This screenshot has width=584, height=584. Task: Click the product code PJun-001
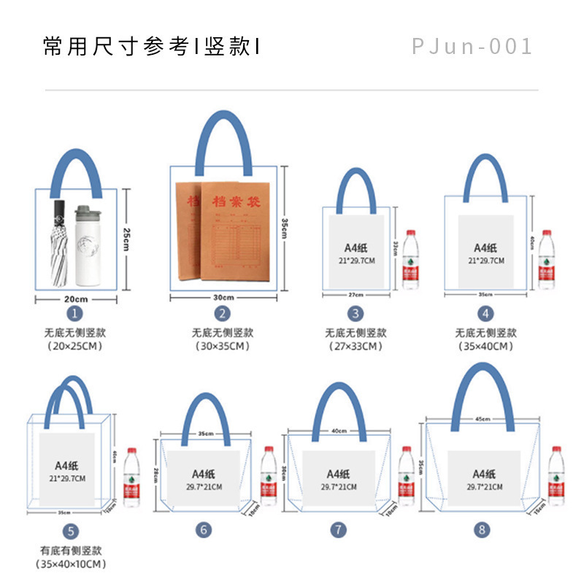tap(472, 47)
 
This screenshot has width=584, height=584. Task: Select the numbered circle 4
tap(485, 314)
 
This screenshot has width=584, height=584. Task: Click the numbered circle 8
tap(481, 530)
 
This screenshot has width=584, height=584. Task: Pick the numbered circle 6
tap(204, 530)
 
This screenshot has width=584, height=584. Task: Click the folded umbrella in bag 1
tap(58, 242)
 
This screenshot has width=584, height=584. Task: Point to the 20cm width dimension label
tap(75, 299)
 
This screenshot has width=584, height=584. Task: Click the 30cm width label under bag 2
tap(223, 297)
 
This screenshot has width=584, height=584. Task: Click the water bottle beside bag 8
tap(557, 475)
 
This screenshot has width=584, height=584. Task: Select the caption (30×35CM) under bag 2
tap(223, 346)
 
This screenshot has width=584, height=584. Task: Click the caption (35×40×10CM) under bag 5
tap(71, 564)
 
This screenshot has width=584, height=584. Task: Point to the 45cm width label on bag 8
tap(483, 420)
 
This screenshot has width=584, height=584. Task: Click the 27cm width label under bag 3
tap(354, 295)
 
